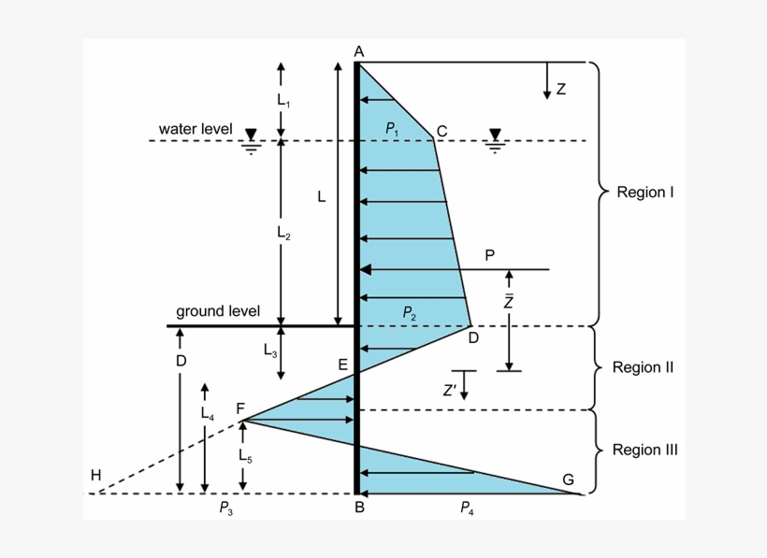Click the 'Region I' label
[645, 193]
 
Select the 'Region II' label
[643, 367]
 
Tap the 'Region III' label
[644, 450]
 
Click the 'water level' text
[195, 128]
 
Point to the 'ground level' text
[218, 311]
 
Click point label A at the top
[359, 51]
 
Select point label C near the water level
[442, 130]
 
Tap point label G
[568, 479]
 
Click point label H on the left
[95, 476]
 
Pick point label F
[240, 408]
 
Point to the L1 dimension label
[284, 99]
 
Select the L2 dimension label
[284, 235]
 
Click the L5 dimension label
[244, 456]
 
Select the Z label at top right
[560, 90]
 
